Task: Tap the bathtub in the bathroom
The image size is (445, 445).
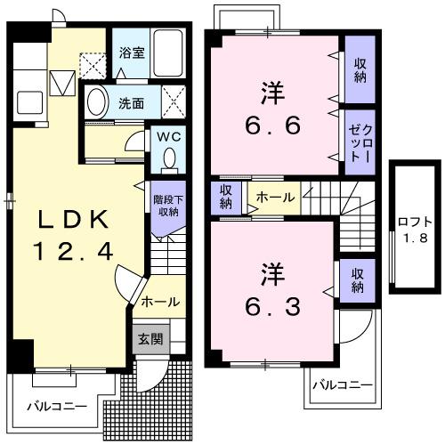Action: [166, 50]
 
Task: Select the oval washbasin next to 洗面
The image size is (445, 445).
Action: [98, 101]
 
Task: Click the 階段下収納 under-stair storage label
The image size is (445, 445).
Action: [167, 206]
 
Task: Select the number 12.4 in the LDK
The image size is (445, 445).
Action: [75, 252]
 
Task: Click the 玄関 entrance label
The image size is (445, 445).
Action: [148, 338]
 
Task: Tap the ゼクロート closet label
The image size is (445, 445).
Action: [360, 138]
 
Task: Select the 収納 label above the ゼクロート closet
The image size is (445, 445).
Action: [360, 69]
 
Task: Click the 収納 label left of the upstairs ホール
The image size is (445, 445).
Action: [226, 197]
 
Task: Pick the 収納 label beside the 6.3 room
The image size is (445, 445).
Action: [356, 280]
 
